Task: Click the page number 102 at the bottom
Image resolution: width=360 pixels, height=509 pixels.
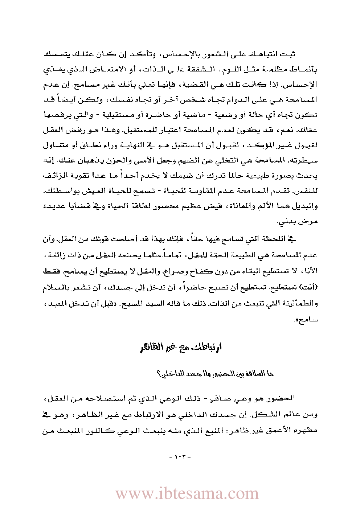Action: coord(180,456)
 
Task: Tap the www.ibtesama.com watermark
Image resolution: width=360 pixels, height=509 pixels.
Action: coord(187,493)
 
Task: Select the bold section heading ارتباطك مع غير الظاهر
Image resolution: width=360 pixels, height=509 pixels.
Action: coord(180,347)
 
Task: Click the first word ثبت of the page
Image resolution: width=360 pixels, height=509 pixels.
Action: coord(289,54)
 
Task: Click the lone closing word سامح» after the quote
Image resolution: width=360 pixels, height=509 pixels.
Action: coord(307,320)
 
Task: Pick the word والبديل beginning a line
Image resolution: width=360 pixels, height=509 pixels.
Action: coord(307,206)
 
